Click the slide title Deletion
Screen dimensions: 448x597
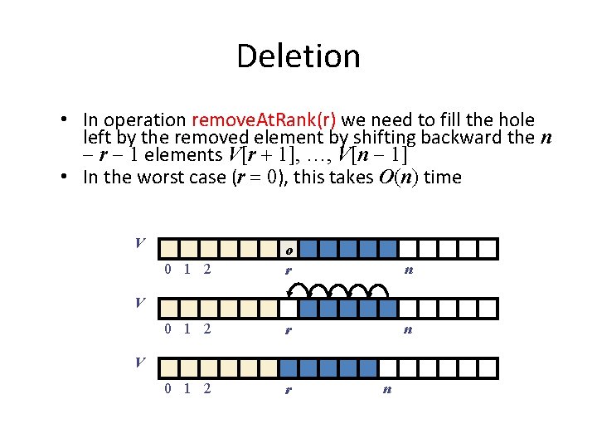tap(298, 56)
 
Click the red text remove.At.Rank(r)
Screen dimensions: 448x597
tap(263, 120)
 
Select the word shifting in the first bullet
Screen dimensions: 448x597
tap(396, 137)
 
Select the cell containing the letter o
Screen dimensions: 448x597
tap(288, 249)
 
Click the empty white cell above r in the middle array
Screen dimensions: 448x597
tap(288, 309)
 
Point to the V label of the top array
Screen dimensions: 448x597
tap(141, 243)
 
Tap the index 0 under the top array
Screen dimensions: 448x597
tap(168, 269)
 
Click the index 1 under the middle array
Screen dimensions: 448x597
tap(187, 329)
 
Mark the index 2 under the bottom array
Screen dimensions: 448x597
tap(206, 388)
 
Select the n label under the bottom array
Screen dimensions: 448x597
tap(387, 388)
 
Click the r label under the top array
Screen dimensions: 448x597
tap(288, 270)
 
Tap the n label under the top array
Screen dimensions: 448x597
tap(408, 270)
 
